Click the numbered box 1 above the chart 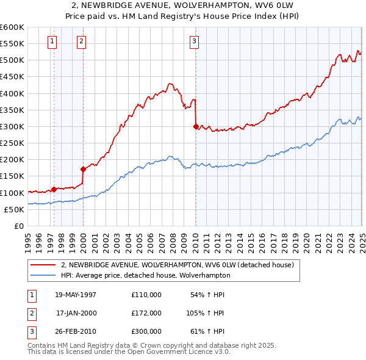pos(52,41)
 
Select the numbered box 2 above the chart pos(81,41)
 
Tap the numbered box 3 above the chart pos(194,41)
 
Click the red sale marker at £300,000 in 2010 pos(196,127)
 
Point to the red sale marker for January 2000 pos(83,169)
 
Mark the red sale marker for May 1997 pos(54,189)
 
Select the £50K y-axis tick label pos(14,209)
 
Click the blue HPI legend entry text pos(145,275)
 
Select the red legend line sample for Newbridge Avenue pos(43,265)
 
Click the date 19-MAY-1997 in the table pos(76,295)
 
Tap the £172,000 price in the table pos(146,313)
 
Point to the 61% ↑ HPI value pos(207,331)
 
